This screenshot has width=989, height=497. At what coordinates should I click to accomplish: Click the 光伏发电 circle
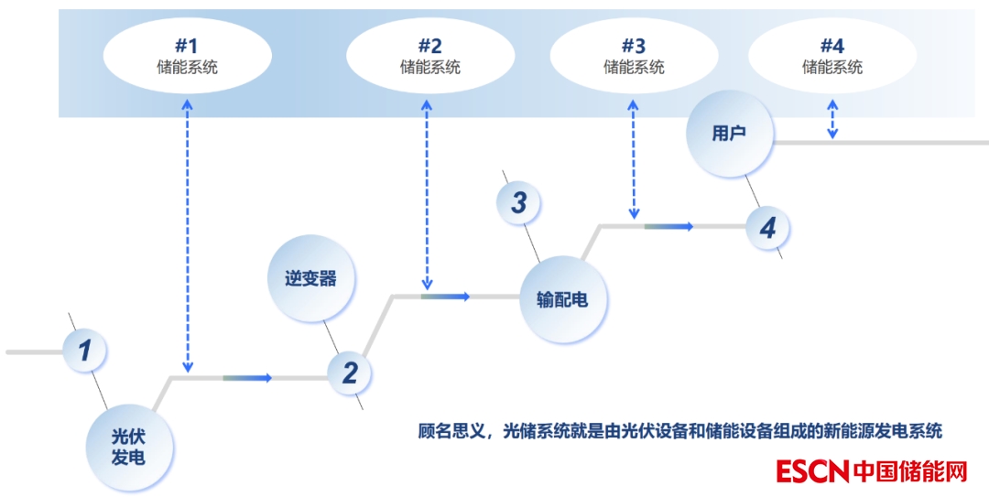[128, 446]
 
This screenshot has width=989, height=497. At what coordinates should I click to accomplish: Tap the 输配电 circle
[562, 299]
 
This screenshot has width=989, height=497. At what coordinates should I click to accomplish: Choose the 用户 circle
[729, 134]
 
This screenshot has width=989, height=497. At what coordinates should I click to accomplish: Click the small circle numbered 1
[85, 351]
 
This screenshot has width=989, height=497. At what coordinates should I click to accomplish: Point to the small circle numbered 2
[350, 373]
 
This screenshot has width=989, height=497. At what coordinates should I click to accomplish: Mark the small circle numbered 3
[518, 202]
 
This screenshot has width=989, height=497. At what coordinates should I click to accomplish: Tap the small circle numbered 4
[767, 227]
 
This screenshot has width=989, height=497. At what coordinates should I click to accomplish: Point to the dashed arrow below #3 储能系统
[634, 159]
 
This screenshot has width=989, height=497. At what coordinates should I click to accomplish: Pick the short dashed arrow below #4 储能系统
[831, 120]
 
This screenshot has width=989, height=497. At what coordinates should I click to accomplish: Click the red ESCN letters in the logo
[812, 471]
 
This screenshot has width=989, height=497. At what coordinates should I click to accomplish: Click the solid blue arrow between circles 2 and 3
[447, 296]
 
